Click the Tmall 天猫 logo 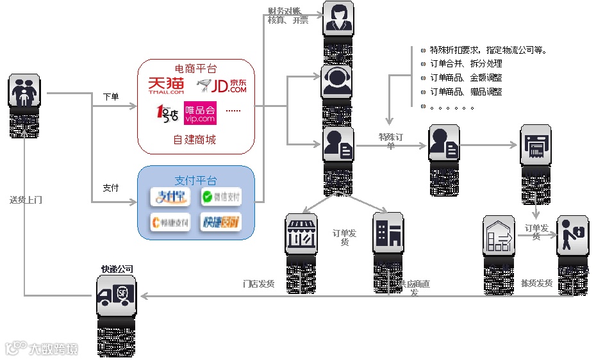(166, 86)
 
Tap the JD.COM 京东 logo (222, 86)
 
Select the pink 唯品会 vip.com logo (200, 113)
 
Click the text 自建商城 (194, 140)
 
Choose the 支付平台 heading (195, 180)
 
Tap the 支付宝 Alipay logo (170, 197)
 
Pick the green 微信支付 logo (220, 197)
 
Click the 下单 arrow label (111, 97)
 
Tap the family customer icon (24, 90)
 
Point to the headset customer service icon (338, 81)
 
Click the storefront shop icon (301, 231)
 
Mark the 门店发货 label (258, 283)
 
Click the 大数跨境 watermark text (53, 349)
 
